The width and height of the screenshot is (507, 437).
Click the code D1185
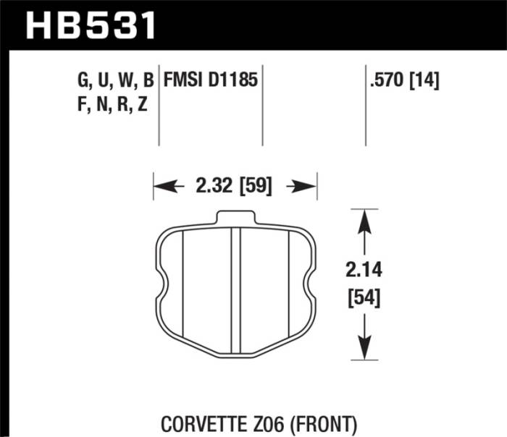click(x=234, y=80)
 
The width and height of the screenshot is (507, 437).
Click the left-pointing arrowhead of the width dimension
click(x=161, y=187)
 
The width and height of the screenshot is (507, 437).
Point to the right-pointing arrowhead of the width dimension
click(x=309, y=187)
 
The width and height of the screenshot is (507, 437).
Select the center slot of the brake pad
click(x=235, y=289)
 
